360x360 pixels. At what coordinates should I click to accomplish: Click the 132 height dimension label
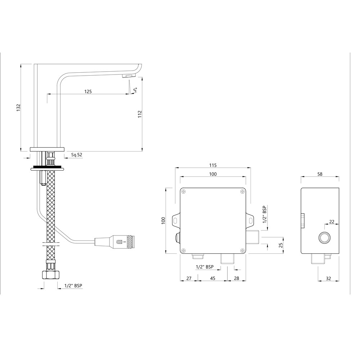(x=18, y=108)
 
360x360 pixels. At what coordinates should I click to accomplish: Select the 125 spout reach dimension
(x=88, y=91)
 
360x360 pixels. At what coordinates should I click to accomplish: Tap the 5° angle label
(x=136, y=90)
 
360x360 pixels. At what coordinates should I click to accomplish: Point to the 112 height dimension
(x=140, y=114)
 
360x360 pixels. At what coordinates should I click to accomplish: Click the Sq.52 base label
(x=76, y=154)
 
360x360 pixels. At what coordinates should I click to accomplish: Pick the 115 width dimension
(x=213, y=165)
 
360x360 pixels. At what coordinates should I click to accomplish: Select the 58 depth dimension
(x=320, y=174)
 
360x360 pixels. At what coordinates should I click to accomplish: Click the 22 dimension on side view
(x=332, y=221)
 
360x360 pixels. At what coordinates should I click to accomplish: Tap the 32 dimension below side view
(x=329, y=278)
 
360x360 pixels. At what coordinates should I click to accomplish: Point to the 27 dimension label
(x=189, y=278)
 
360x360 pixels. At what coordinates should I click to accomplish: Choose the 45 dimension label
(x=213, y=278)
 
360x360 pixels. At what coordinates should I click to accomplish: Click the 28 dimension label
(x=237, y=278)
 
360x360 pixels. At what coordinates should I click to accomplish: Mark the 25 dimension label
(x=280, y=245)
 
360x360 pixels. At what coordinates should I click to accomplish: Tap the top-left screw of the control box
(x=184, y=191)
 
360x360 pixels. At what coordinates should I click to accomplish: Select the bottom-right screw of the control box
(x=242, y=250)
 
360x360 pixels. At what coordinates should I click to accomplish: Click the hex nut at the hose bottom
(x=51, y=275)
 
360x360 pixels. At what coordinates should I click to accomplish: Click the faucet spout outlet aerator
(x=129, y=76)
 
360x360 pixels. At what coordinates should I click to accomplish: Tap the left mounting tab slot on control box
(x=175, y=220)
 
